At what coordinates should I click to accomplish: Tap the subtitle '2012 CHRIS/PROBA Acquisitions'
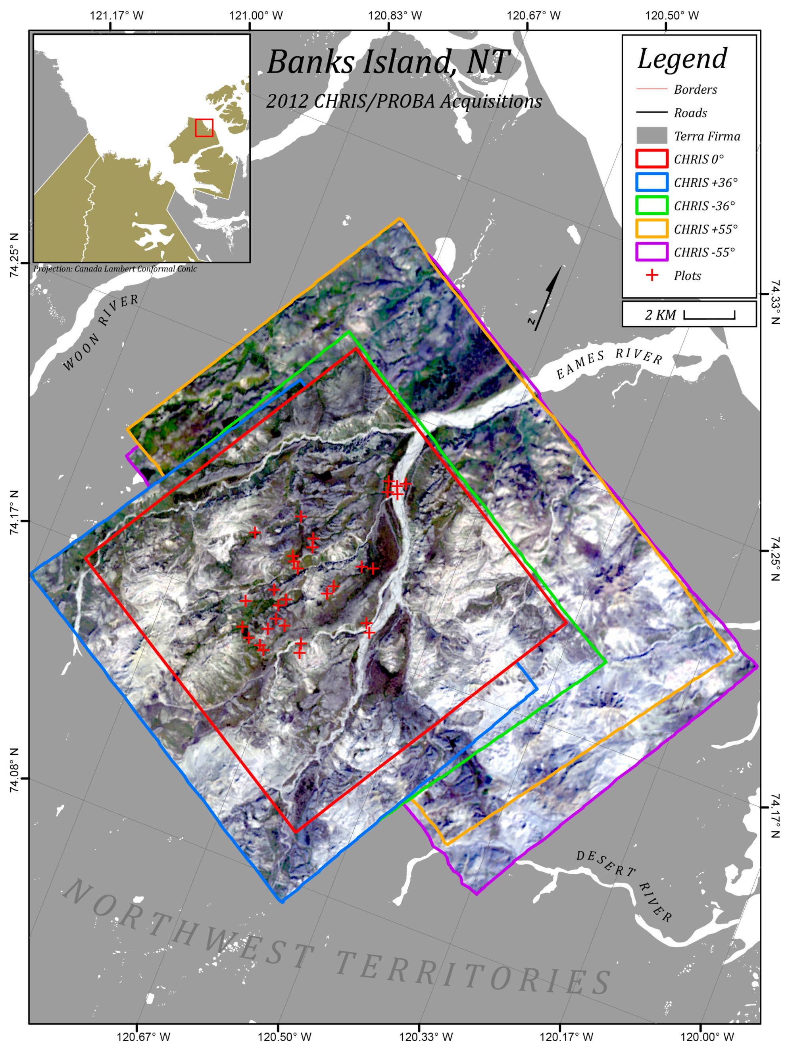(x=404, y=101)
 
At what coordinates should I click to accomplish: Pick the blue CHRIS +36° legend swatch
(x=651, y=182)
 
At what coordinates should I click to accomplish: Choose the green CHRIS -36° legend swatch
(x=651, y=206)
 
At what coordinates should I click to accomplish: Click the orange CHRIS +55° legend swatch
(x=651, y=229)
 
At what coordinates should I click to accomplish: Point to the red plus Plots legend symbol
(x=652, y=275)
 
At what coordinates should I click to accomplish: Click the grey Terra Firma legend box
(x=651, y=136)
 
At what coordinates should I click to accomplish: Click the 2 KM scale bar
(x=709, y=315)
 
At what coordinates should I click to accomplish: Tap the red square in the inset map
(x=204, y=127)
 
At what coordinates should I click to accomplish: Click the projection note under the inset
(x=115, y=269)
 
